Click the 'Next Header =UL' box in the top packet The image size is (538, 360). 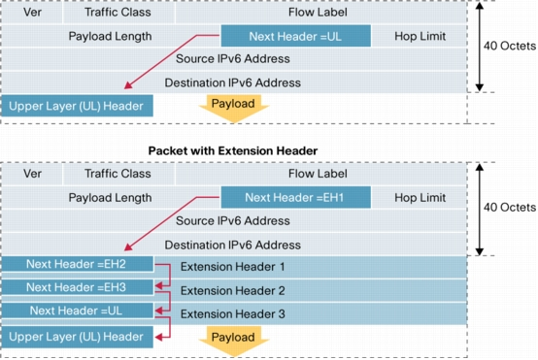tap(296, 36)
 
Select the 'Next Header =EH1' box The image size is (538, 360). tap(296, 197)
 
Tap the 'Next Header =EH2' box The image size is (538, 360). tap(77, 264)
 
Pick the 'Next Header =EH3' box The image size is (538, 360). tap(77, 287)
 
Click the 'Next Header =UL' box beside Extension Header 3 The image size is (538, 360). tap(77, 311)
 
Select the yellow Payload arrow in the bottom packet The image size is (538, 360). tap(233, 339)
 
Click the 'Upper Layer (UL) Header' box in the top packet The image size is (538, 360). tap(77, 105)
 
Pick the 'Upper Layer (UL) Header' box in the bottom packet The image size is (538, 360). tap(77, 336)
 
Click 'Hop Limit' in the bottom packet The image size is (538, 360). tap(420, 198)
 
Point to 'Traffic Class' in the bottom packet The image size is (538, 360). tap(118, 175)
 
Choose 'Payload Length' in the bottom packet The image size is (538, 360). tap(110, 198)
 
